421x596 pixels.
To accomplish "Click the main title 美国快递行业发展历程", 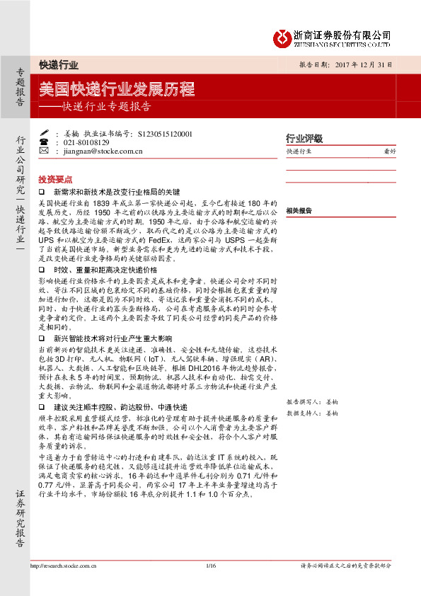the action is [x=117, y=90].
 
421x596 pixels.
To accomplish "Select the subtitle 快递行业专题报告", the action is [x=106, y=108].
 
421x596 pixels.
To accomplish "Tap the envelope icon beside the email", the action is [x=43, y=151].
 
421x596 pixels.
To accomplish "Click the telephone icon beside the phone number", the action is [x=43, y=142].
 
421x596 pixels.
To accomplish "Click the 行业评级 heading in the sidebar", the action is [x=304, y=138].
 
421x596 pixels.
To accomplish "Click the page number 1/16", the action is [x=210, y=566].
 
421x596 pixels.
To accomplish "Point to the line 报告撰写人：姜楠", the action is [x=313, y=401].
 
